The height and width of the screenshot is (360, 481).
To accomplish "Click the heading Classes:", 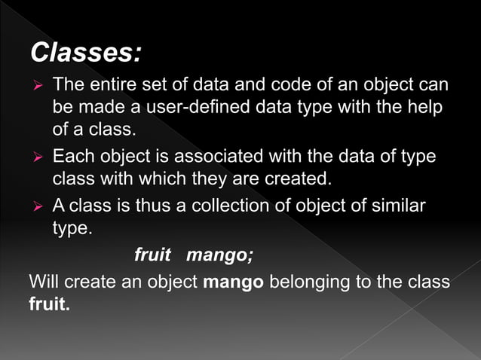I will tap(85, 53).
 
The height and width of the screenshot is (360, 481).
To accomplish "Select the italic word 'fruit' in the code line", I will tap(152, 255).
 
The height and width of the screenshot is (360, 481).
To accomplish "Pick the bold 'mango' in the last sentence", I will tap(234, 282).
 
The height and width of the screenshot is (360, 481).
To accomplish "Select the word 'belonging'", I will tap(310, 282).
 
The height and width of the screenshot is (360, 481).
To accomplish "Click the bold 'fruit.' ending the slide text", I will tap(49, 305).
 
